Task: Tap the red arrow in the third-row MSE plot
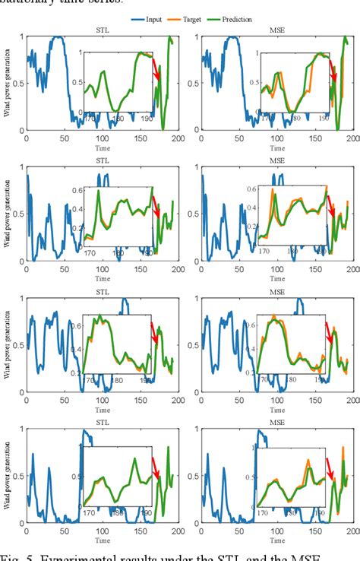click(330, 332)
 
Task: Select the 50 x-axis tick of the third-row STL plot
click(64, 401)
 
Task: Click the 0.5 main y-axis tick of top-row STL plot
click(19, 83)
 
